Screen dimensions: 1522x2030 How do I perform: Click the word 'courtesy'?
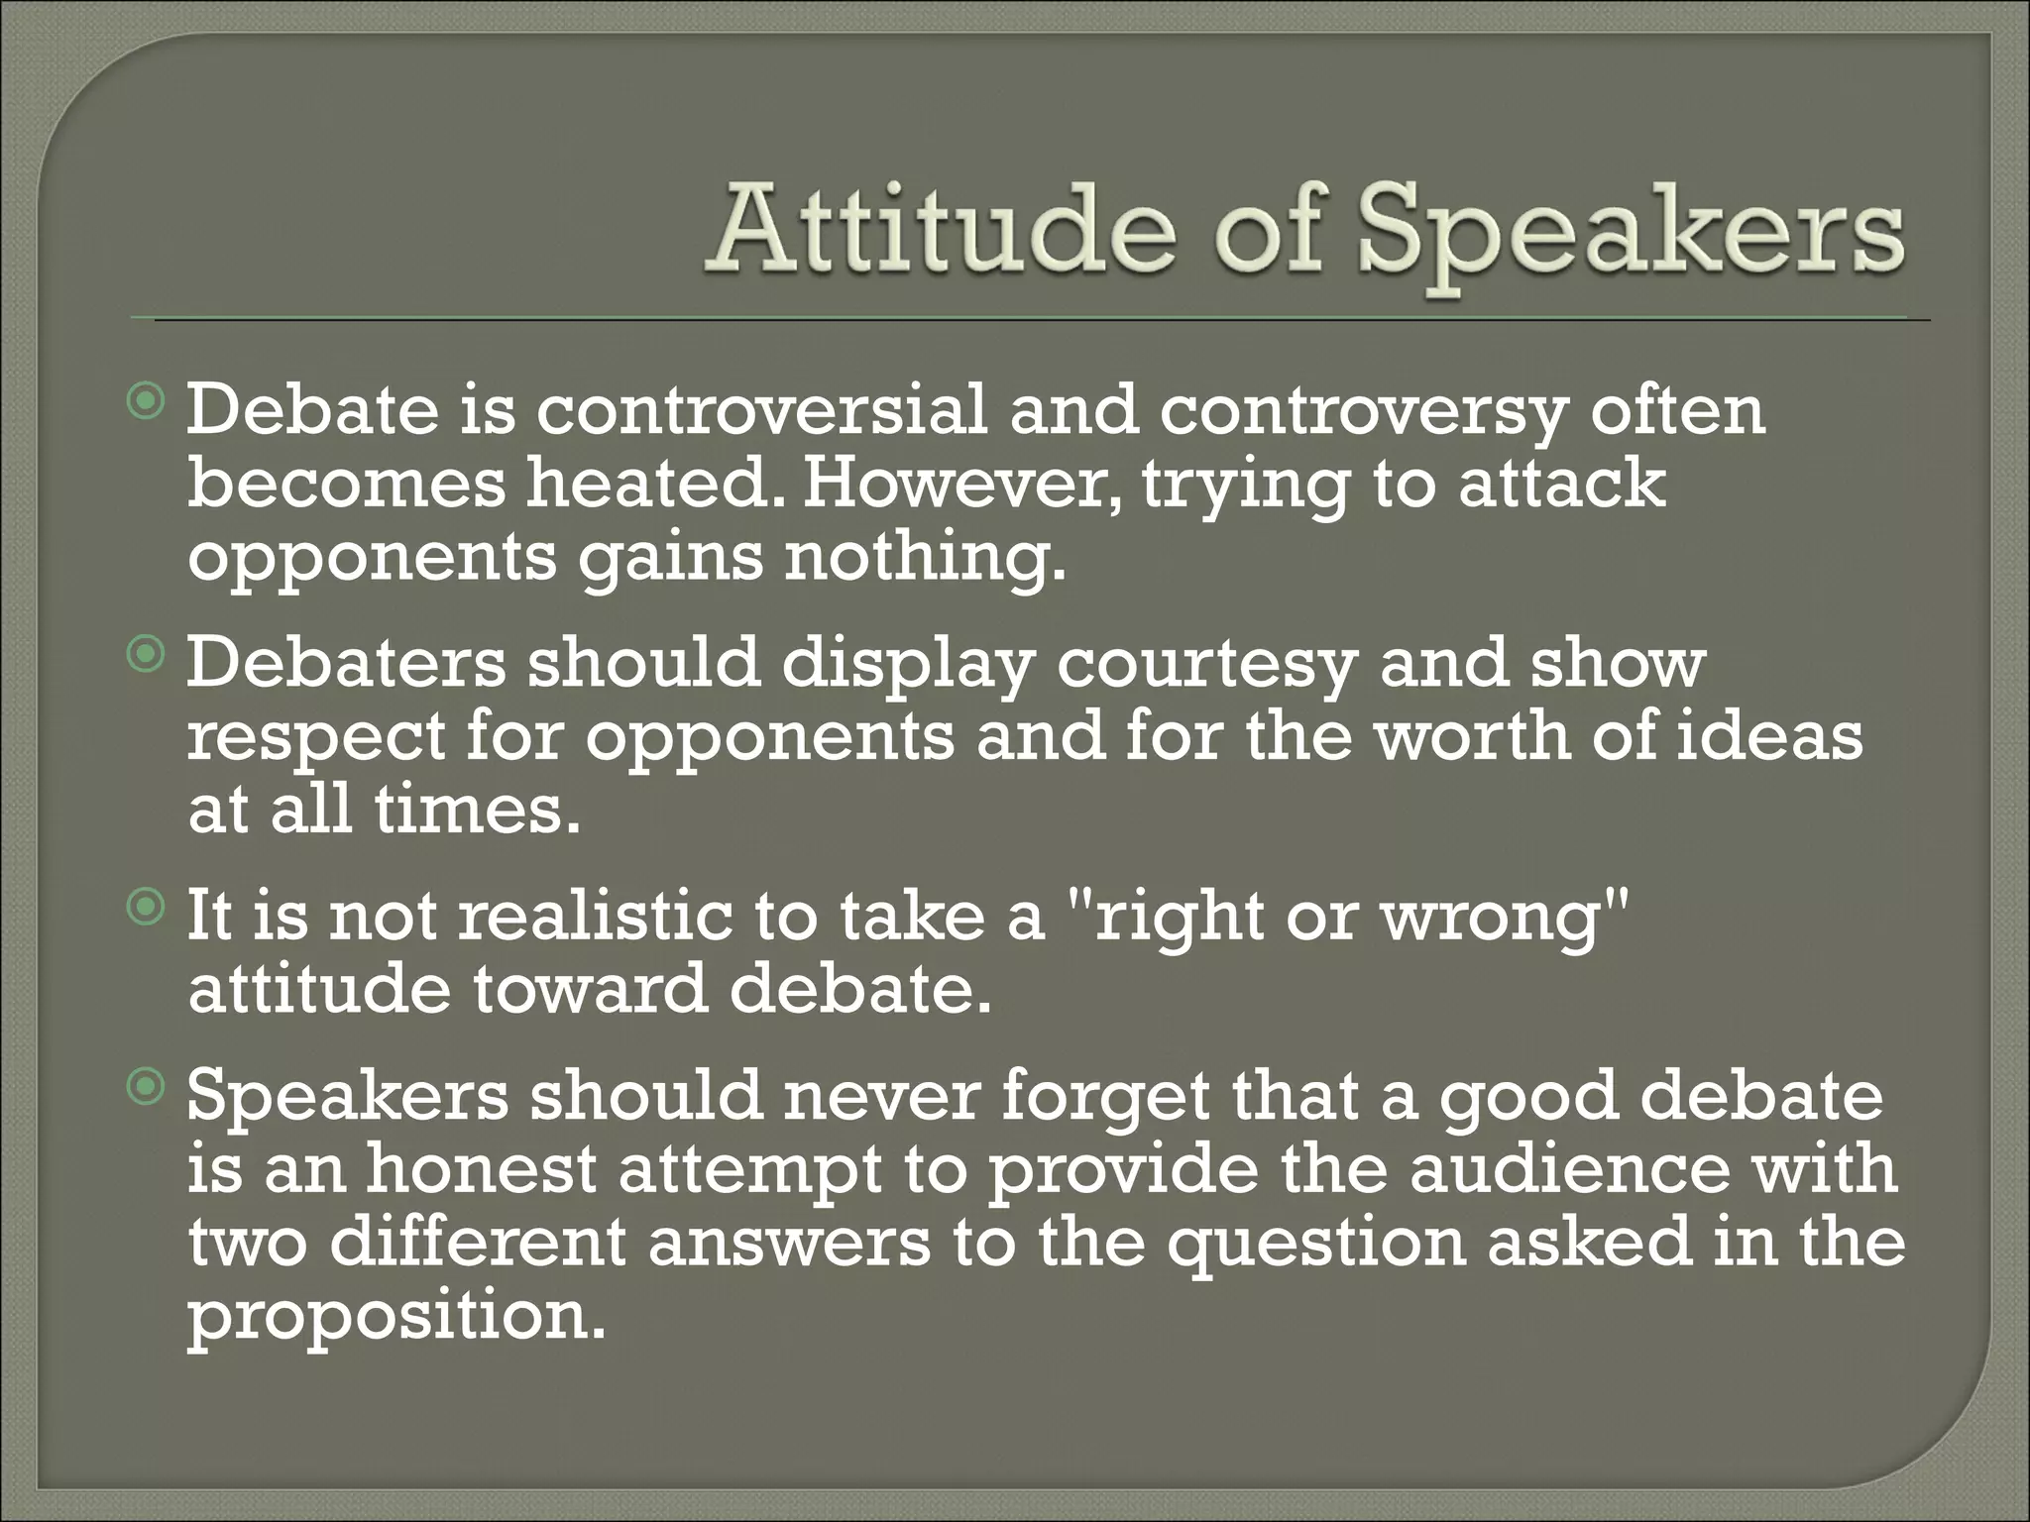1205,663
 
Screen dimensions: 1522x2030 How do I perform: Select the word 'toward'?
590,990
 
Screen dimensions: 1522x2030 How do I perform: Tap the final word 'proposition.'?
395,1319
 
